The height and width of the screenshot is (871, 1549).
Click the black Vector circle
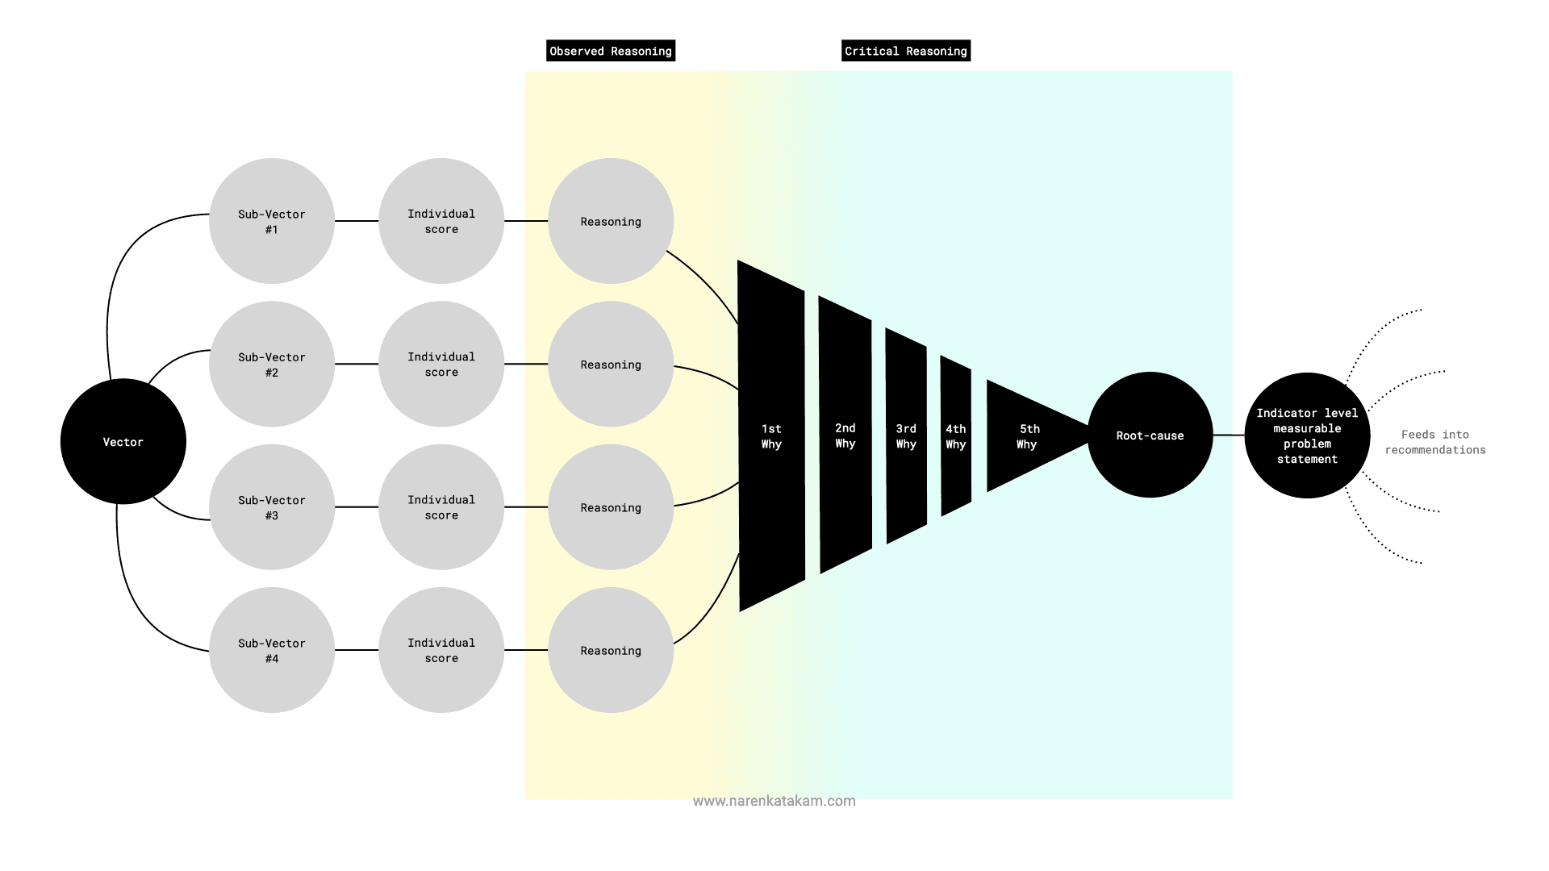[x=123, y=441]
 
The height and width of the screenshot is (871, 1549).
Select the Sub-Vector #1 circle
[x=271, y=221]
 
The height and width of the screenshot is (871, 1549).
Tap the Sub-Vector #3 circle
[x=271, y=507]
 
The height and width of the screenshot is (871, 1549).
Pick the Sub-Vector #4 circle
[x=271, y=650]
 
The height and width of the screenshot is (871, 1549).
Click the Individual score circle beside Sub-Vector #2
[x=441, y=364]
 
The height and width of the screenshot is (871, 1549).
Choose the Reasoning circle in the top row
[x=611, y=221]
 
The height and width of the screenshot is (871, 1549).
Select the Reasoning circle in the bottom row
[x=611, y=650]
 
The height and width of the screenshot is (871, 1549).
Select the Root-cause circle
[x=1150, y=435]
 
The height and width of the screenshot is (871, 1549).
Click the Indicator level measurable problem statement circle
[x=1307, y=435]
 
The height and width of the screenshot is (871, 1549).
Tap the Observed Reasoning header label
[x=611, y=51]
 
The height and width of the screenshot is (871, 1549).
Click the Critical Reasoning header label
[x=906, y=51]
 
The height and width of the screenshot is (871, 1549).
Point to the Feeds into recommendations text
[x=1435, y=442]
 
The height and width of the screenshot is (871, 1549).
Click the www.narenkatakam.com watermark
[x=774, y=801]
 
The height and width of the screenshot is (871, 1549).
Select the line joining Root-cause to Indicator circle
[x=1229, y=435]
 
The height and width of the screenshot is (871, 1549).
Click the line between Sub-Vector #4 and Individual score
[x=357, y=650]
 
